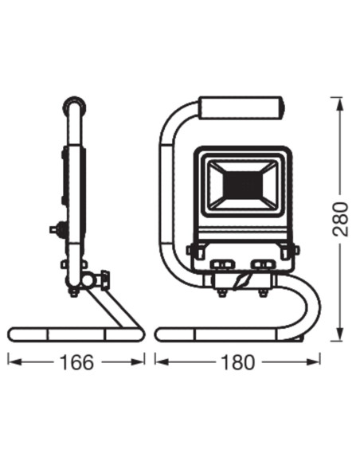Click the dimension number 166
(76, 362)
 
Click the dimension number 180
(238, 362)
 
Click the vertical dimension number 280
(340, 219)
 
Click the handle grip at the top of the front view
(240, 108)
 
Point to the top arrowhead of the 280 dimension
(340, 104)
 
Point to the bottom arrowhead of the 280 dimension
(340, 334)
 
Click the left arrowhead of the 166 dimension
(15, 361)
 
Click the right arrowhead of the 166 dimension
(137, 361)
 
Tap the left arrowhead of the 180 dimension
(162, 361)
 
